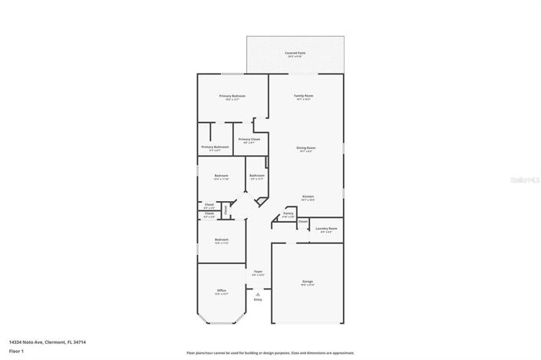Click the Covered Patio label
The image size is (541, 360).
click(295, 53)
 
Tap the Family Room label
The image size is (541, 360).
click(304, 96)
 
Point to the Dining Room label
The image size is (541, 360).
click(307, 147)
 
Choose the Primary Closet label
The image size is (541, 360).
click(249, 139)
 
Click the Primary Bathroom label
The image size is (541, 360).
click(215, 147)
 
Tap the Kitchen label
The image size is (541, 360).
click(308, 196)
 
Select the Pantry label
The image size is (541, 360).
click(288, 214)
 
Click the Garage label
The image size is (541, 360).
click(307, 282)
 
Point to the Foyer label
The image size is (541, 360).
click(258, 271)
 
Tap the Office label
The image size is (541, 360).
click(221, 290)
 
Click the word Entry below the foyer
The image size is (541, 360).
click(258, 299)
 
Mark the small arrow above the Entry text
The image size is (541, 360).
click(258, 292)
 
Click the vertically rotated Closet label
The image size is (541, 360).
click(226, 209)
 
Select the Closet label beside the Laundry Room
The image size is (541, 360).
click(303, 222)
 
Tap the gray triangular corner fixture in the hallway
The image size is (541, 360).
click(260, 201)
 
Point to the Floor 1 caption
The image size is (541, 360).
click(15, 351)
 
